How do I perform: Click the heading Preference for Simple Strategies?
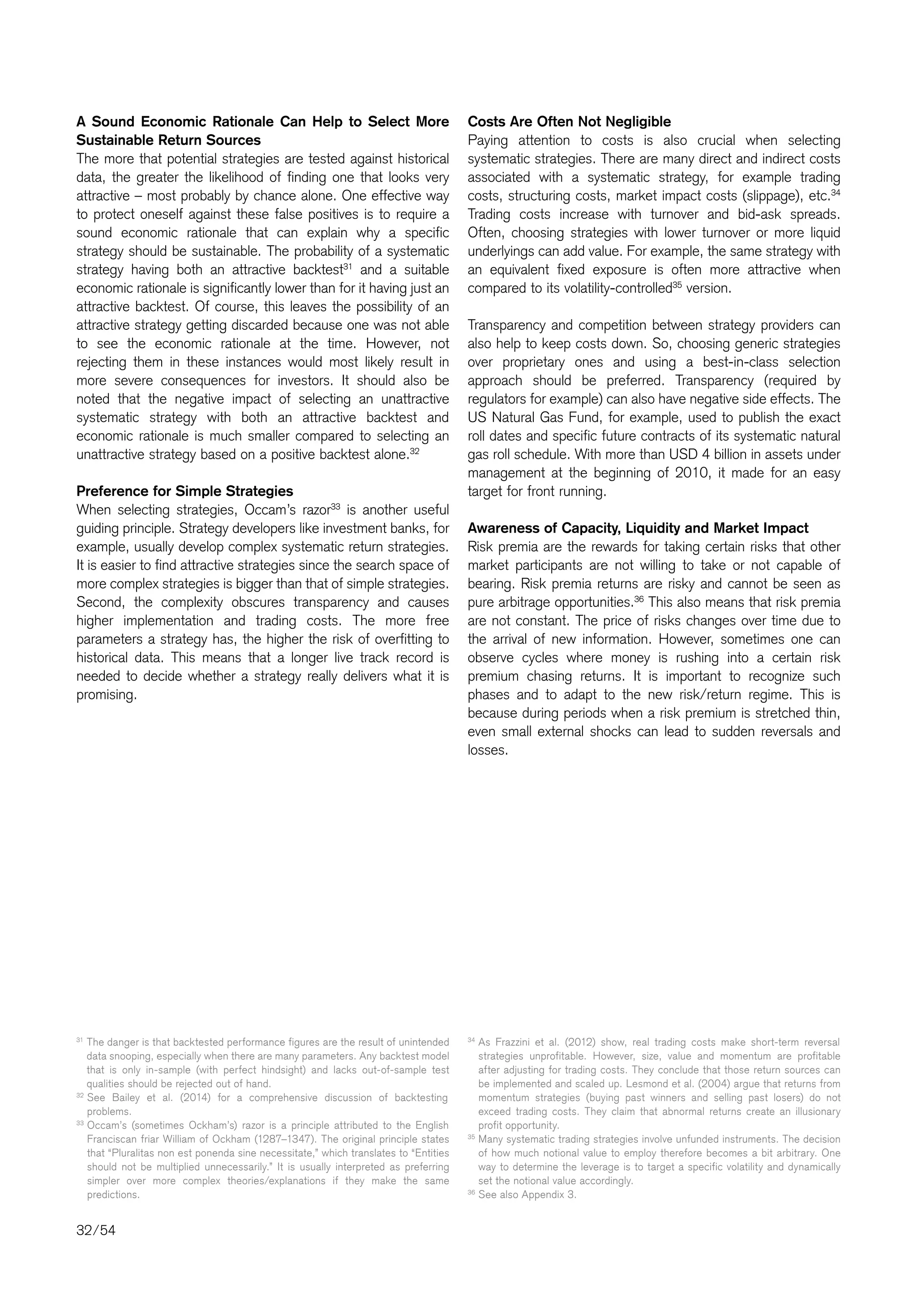point(184,490)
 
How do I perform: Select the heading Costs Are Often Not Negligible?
point(569,122)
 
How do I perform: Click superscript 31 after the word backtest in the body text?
point(348,266)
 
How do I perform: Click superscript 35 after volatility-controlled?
point(677,285)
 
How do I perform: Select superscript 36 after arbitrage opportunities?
point(639,598)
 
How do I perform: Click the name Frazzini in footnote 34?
point(510,1042)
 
